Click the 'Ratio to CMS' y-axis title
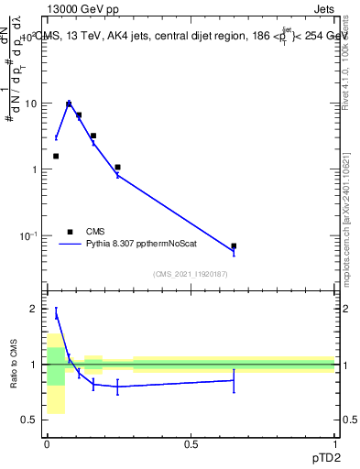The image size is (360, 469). pyautogui.click(x=15, y=365)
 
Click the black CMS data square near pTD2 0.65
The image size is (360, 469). pyautogui.click(x=234, y=245)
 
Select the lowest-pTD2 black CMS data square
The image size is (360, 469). pyautogui.click(x=56, y=156)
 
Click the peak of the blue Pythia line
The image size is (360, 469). pyautogui.click(x=68, y=104)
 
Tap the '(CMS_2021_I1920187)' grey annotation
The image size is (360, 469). pyautogui.click(x=190, y=274)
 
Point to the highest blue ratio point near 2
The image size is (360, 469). pyautogui.click(x=56, y=314)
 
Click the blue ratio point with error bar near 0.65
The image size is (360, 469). pyautogui.click(x=234, y=380)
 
